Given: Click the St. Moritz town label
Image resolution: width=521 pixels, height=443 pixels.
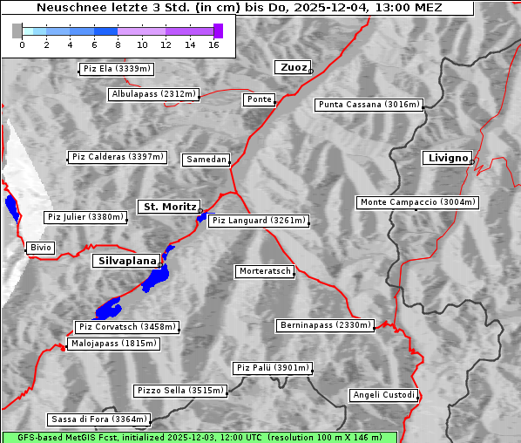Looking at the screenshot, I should click(x=169, y=207).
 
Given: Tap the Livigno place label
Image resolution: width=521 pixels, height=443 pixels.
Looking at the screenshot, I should click(x=446, y=158).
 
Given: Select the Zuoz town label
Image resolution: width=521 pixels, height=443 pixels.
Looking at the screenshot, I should click(x=291, y=67).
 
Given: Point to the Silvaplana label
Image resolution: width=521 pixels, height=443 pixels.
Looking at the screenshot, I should click(x=126, y=261).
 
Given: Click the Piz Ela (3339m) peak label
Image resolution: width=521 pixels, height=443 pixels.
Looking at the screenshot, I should click(x=116, y=69).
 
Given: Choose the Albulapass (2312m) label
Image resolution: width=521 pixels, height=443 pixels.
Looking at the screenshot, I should click(x=153, y=94).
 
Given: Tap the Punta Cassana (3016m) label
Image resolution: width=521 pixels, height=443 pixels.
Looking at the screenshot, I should click(x=369, y=105).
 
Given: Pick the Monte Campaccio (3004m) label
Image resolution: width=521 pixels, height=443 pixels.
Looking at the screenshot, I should click(x=417, y=202).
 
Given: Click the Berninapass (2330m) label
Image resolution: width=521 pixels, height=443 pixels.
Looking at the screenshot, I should click(x=325, y=325).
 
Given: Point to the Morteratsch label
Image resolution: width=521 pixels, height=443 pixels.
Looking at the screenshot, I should click(x=264, y=271).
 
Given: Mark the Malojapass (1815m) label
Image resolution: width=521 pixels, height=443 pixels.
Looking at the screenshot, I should click(x=113, y=344).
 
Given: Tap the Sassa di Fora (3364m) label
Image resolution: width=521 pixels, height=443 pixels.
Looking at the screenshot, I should click(x=98, y=419).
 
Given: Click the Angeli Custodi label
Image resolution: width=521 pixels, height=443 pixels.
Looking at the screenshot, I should click(x=383, y=395).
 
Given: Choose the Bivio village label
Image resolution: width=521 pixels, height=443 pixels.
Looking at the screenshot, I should click(x=40, y=248).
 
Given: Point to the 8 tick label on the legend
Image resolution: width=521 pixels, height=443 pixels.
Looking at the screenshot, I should click(x=118, y=44).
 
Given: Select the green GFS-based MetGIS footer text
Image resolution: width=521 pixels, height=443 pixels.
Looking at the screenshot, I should click(x=199, y=437).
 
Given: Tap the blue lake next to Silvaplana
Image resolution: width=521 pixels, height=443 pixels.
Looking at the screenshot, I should click(x=159, y=277).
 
